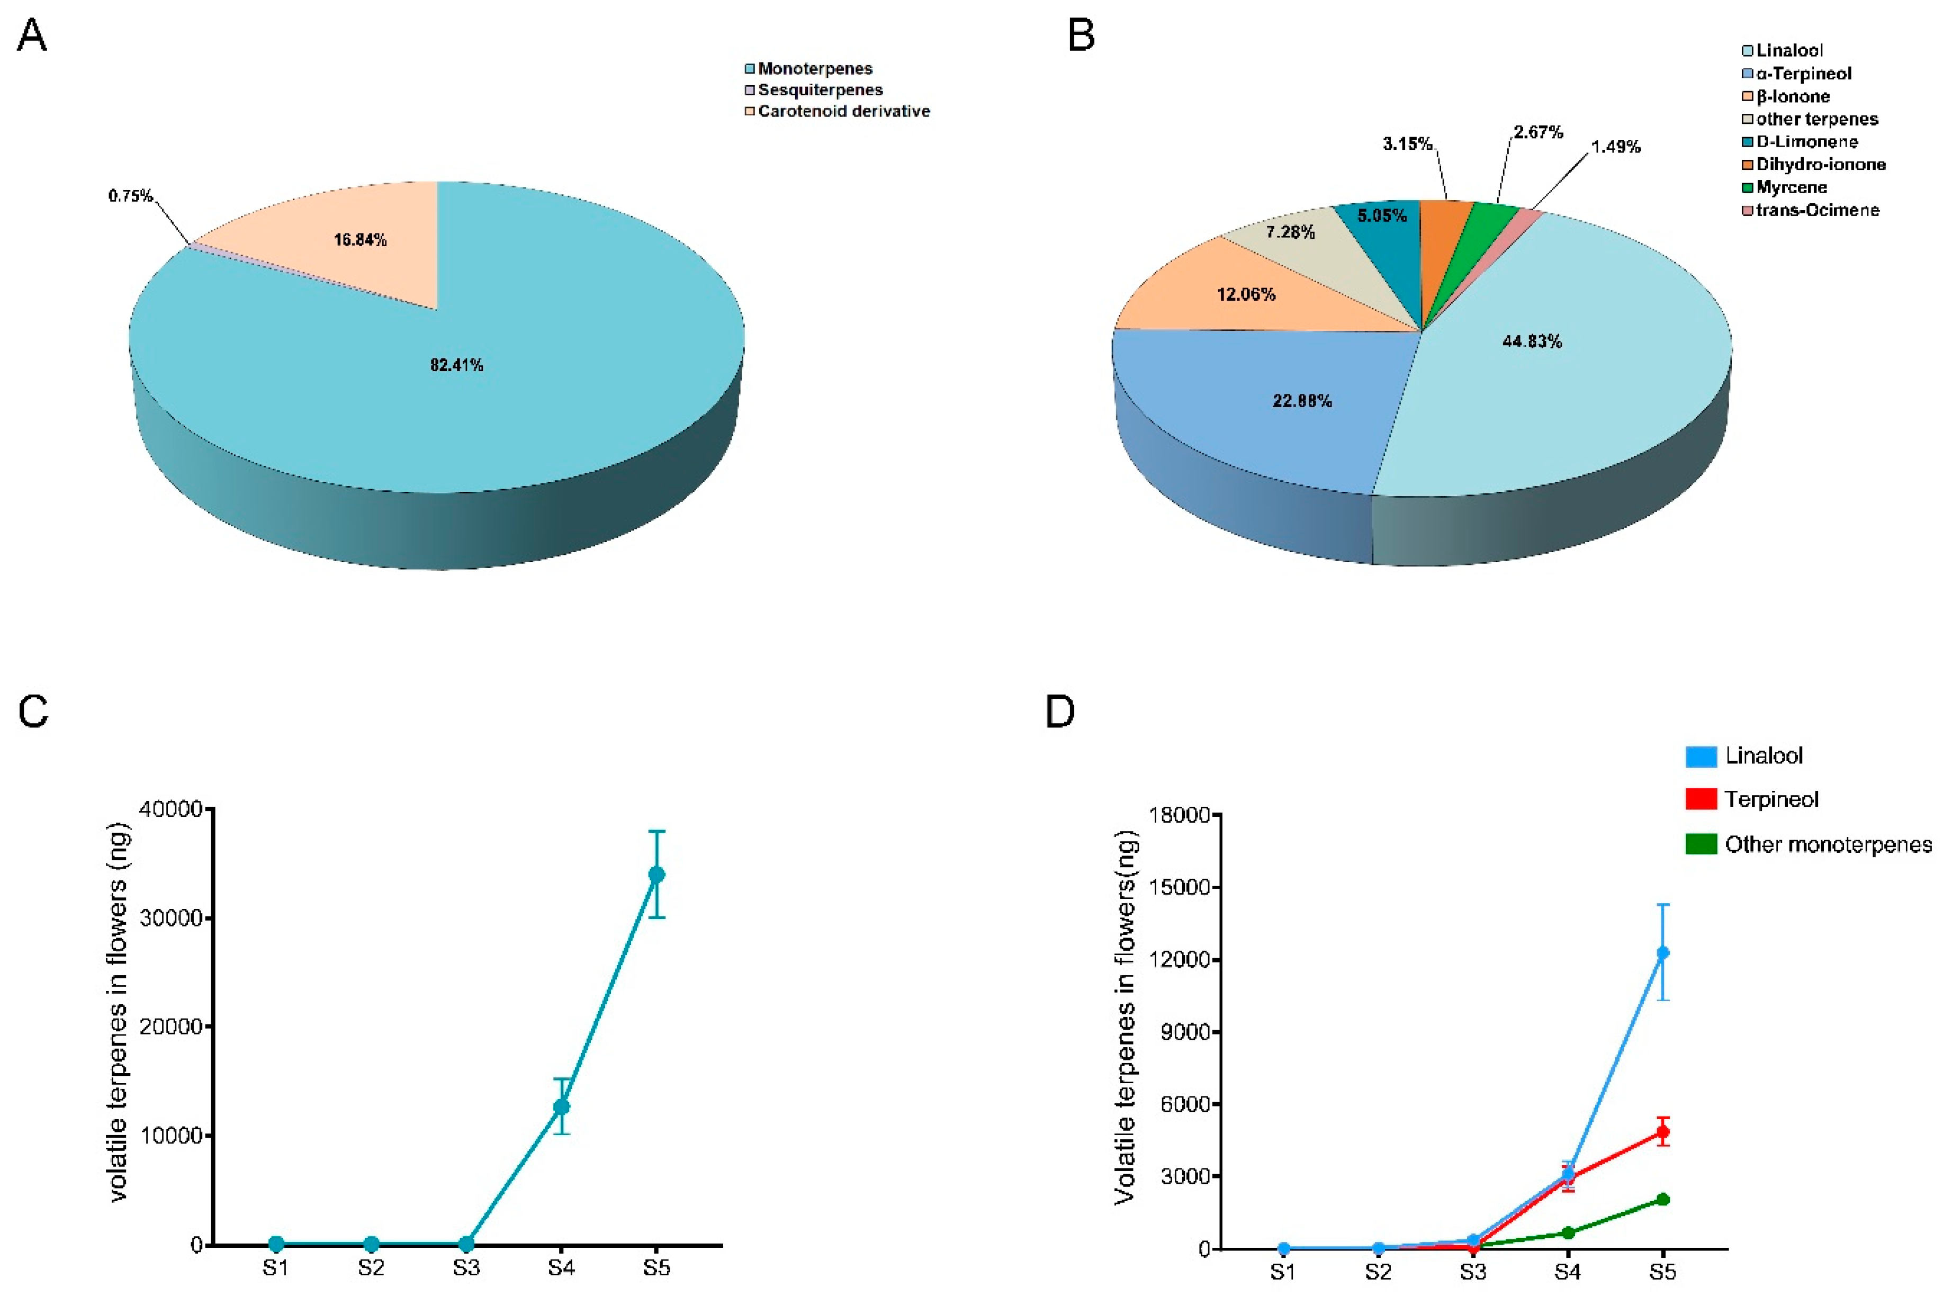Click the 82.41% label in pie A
click(456, 364)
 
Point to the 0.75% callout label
click(130, 196)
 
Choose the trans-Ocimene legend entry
click(1818, 210)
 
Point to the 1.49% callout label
click(1616, 146)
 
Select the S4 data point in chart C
click(561, 1106)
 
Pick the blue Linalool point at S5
click(1663, 953)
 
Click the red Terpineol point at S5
click(1663, 1131)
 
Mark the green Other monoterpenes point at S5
click(1663, 1199)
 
